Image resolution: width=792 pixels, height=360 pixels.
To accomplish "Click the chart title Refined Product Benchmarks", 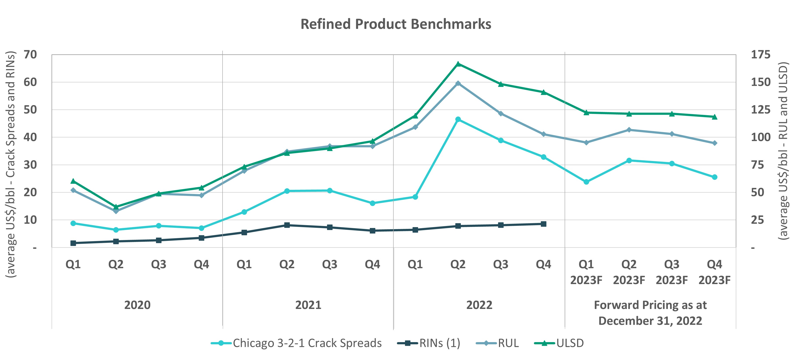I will click(396, 24).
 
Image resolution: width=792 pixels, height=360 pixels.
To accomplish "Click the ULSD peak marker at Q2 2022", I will click(458, 64).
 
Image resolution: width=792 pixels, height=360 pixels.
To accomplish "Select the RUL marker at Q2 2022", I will click(458, 83).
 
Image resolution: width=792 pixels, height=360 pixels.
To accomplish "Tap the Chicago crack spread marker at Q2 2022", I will click(458, 119).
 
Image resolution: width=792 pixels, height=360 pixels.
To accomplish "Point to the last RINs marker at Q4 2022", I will click(543, 224).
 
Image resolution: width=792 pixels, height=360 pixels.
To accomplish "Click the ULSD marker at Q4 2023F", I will click(714, 117).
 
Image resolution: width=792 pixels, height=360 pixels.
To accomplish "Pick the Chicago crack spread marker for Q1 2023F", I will click(586, 182).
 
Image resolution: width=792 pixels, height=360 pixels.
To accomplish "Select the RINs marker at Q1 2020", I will click(73, 243).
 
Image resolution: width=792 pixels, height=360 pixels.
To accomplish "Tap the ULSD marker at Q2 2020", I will click(116, 207).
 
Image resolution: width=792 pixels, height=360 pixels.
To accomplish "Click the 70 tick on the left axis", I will click(30, 55).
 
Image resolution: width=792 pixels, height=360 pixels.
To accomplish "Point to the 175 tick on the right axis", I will click(761, 55).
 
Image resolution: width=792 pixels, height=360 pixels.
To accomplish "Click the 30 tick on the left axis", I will click(30, 165).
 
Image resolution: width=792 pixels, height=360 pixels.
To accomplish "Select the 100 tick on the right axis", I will click(761, 137).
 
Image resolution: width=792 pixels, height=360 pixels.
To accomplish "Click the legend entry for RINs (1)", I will click(439, 343).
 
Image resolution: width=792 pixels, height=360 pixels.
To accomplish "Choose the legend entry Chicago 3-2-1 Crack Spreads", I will click(307, 343).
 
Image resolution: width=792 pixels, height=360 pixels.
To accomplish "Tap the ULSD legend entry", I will click(570, 343).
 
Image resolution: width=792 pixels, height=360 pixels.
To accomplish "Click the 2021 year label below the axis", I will click(308, 305).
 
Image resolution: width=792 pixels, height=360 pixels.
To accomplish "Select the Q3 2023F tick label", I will click(672, 272).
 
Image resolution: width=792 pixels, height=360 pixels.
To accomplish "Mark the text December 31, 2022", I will click(650, 321).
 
